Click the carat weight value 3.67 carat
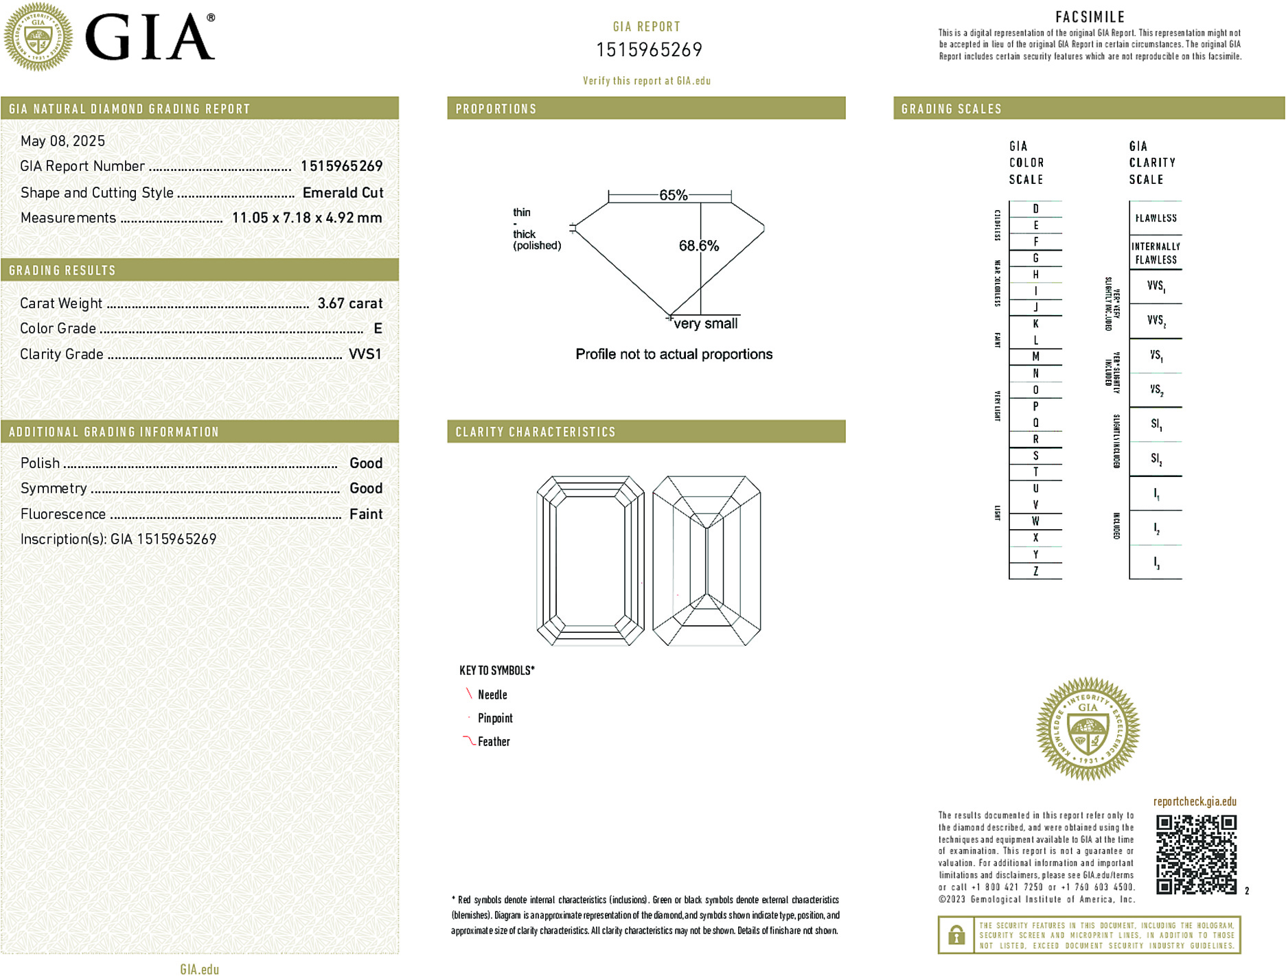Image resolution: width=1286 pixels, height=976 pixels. coord(349,303)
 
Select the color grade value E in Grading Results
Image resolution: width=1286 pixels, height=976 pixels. coord(378,329)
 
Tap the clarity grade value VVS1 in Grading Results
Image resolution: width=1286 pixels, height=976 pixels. coord(365,354)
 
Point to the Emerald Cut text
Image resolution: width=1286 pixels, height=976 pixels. coord(343,193)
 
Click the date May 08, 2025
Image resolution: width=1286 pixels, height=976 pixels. coord(62,141)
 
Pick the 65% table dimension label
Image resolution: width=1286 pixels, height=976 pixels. coord(673,195)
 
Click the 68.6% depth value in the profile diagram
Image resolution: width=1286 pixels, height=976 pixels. coord(698,246)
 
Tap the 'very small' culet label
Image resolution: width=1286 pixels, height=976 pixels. coord(705,324)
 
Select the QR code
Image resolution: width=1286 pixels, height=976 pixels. coord(1195,854)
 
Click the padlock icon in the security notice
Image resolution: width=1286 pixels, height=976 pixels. coord(956,935)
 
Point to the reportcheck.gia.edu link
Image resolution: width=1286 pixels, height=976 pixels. coord(1195,802)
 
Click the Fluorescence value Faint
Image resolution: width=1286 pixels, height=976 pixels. coord(365,514)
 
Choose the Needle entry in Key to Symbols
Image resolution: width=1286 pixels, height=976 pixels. coord(492,695)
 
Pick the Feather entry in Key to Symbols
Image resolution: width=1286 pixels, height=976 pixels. coord(493,742)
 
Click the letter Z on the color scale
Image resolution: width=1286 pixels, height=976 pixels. coord(1035,571)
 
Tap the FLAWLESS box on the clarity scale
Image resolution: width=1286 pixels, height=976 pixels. coord(1156,218)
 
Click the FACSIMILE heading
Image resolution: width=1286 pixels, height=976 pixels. coord(1090,17)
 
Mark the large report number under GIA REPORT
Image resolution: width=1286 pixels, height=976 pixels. coord(649,50)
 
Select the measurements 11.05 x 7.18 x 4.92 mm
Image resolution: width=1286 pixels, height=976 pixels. coord(306,218)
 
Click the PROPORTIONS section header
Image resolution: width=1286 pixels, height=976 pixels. coord(496,109)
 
